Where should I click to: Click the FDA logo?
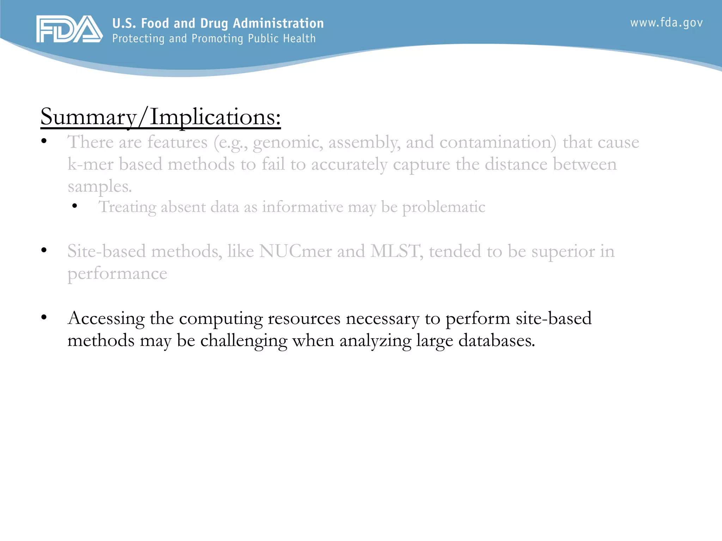(x=69, y=29)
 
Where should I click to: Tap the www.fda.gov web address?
(x=666, y=23)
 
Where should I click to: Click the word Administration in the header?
(x=278, y=23)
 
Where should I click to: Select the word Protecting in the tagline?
(x=139, y=38)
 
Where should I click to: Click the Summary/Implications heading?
(x=160, y=117)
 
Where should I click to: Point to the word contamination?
(x=498, y=142)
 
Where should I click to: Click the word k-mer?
(x=90, y=164)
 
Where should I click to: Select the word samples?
(x=99, y=187)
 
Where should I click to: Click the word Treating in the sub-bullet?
(x=127, y=207)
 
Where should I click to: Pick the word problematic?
(x=443, y=207)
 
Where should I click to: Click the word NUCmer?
(x=295, y=251)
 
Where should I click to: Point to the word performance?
(x=117, y=274)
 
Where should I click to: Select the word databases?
(x=496, y=341)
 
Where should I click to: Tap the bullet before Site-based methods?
(x=44, y=250)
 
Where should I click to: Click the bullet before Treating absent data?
(x=74, y=206)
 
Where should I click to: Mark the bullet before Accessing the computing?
(x=44, y=318)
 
